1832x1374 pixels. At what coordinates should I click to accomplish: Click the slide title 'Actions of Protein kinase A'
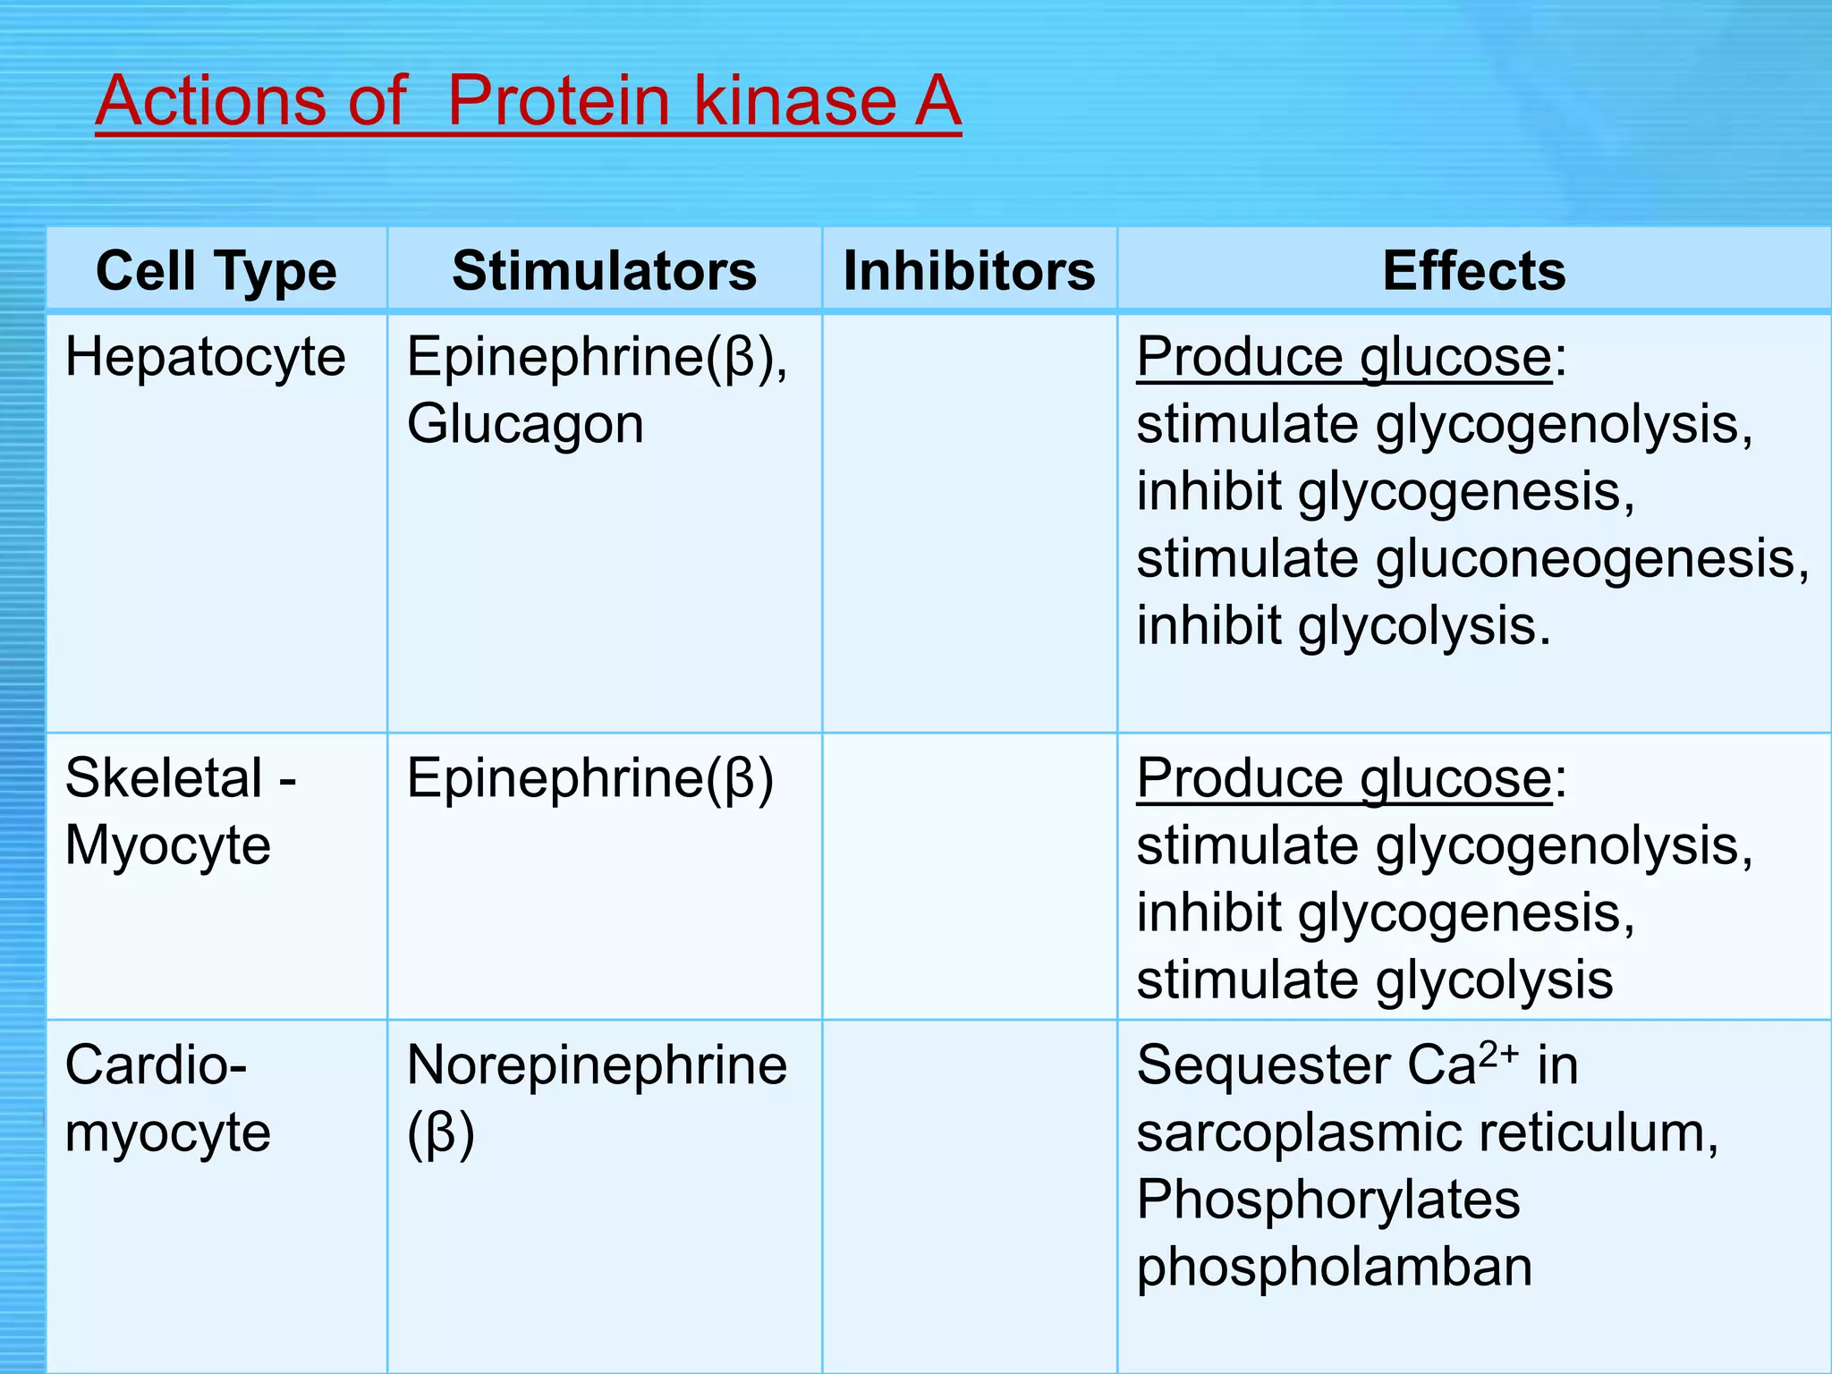point(528,100)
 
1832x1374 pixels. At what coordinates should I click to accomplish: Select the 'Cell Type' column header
point(216,270)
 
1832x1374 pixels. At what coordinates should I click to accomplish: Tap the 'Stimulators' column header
point(604,270)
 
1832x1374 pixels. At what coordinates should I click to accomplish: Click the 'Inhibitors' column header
point(969,270)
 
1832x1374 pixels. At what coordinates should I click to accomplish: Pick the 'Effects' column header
point(1473,270)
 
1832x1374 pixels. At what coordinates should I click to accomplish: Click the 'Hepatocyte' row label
point(205,357)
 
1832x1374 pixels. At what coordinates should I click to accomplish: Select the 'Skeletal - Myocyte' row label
point(179,811)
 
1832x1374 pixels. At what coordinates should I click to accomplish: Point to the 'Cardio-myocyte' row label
point(166,1098)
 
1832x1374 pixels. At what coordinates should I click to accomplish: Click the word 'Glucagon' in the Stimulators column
point(525,424)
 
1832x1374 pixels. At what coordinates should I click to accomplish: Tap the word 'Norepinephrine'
point(597,1065)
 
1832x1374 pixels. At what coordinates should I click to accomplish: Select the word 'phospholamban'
point(1334,1267)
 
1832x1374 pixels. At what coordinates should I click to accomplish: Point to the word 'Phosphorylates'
point(1327,1200)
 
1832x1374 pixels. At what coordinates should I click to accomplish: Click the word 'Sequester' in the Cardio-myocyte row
point(1263,1065)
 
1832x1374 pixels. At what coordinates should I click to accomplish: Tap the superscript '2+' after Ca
point(1498,1054)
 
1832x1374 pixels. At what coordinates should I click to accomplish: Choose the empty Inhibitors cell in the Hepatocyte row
point(969,522)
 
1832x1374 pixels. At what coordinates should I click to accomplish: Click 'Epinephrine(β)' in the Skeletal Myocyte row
point(589,778)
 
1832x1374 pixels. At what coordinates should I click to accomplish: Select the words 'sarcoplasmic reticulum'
point(1427,1132)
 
